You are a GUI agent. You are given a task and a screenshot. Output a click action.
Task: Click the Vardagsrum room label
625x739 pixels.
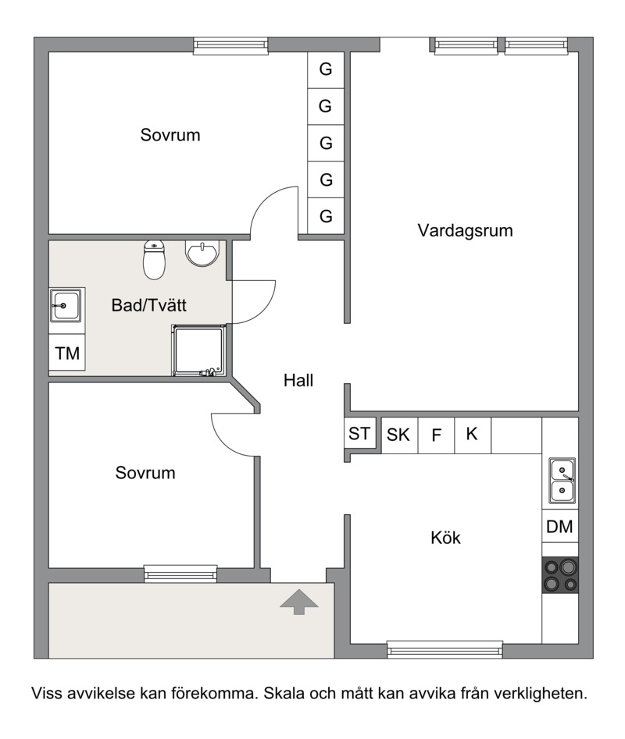pos(465,231)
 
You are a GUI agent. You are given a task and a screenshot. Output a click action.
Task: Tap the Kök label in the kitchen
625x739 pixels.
pos(445,538)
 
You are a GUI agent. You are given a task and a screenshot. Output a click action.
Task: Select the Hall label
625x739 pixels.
pos(298,380)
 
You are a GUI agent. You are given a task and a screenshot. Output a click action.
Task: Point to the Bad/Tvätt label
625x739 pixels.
pos(148,305)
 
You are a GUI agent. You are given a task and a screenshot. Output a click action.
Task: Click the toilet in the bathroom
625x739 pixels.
pos(154,259)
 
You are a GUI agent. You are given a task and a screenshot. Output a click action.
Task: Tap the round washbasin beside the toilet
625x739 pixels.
pos(202,253)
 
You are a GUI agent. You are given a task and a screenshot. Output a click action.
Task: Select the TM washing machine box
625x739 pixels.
pos(67,353)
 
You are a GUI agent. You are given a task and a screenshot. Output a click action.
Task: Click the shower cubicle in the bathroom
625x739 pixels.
pos(198,350)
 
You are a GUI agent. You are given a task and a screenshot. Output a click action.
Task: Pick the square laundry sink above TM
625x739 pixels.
pos(65,305)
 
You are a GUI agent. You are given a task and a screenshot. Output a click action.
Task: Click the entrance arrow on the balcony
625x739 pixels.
pos(298,602)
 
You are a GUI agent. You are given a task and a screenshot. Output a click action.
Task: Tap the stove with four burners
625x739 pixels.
pos(560,575)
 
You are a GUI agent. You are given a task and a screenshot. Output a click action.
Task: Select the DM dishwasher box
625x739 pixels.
pos(560,526)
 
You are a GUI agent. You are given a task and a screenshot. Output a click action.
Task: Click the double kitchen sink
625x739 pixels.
pos(562,481)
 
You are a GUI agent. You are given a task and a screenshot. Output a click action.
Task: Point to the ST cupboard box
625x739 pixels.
pos(360,432)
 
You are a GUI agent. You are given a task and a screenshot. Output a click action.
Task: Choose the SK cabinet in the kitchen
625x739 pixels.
pos(399,435)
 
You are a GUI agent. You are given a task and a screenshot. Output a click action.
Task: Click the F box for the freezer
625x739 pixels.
pos(436,435)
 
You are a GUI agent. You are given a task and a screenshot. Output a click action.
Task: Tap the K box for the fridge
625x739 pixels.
pos(473,435)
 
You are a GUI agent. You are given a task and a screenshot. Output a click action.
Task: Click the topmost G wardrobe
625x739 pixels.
pos(326,69)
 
